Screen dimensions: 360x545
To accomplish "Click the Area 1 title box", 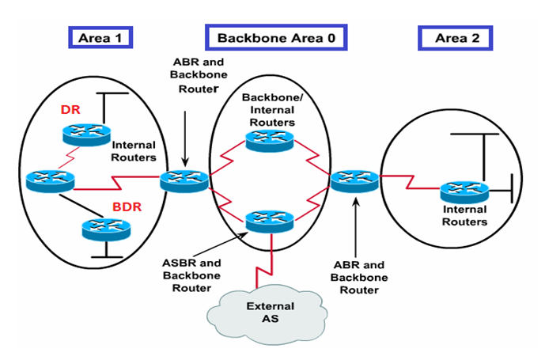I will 100,36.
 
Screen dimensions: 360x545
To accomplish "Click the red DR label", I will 70,110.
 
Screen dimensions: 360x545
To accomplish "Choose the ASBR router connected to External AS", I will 271,221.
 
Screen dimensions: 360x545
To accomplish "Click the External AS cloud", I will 270,312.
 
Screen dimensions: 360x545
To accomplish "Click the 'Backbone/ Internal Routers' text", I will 271,109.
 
